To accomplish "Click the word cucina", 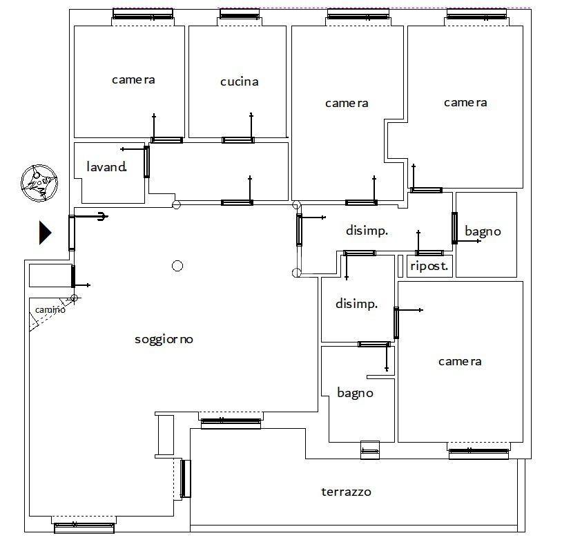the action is [x=239, y=81].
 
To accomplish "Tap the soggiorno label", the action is [x=164, y=339].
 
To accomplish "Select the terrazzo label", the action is [x=346, y=492].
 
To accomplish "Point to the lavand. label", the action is [x=106, y=166].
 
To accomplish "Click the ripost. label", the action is [x=429, y=266].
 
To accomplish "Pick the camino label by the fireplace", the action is [x=50, y=309].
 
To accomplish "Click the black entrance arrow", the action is [x=45, y=233].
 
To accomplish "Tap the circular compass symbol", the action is [x=39, y=183].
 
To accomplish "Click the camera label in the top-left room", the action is [x=133, y=79].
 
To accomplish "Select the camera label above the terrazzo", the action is [x=460, y=361].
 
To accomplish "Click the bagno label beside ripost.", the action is [x=483, y=231].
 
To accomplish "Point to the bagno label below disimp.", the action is [x=355, y=393].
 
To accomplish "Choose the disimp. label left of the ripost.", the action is [x=367, y=230].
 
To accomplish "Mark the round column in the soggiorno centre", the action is [x=177, y=266].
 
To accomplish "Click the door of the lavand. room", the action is [x=146, y=162].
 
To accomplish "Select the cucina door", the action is [x=238, y=140].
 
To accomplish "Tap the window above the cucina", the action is [x=240, y=15].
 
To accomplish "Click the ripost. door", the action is [x=429, y=253].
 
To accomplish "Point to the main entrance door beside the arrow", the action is [x=72, y=233].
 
